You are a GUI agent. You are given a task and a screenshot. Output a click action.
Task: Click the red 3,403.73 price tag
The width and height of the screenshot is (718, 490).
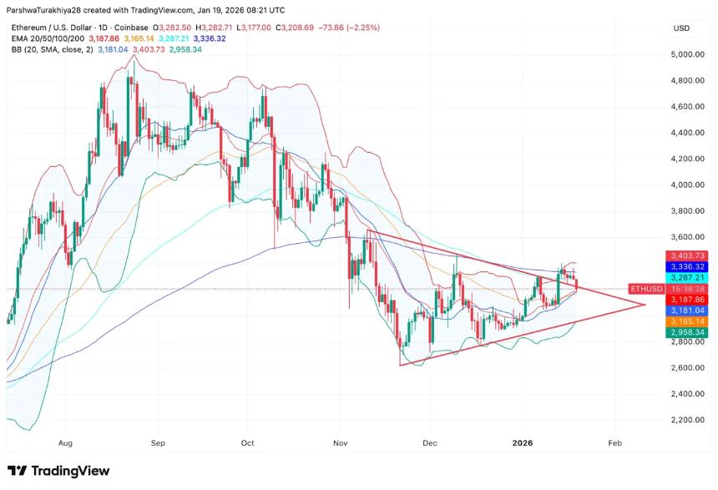pos(687,255)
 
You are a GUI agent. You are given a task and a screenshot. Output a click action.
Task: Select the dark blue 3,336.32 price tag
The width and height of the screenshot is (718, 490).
pos(687,265)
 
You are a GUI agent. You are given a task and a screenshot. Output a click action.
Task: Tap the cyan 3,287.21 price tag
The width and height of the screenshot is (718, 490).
pos(687,277)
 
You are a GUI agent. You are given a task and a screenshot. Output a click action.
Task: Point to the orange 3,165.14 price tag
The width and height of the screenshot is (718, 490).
pos(687,321)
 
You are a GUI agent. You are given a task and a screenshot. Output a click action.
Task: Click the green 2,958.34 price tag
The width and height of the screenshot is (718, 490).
pos(687,332)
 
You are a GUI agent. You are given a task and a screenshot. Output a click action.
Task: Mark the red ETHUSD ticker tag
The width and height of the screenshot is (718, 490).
pos(646,288)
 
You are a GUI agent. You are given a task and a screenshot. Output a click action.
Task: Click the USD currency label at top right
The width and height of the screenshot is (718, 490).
pos(680,28)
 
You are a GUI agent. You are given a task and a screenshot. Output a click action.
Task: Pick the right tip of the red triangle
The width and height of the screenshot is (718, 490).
pos(645,304)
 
